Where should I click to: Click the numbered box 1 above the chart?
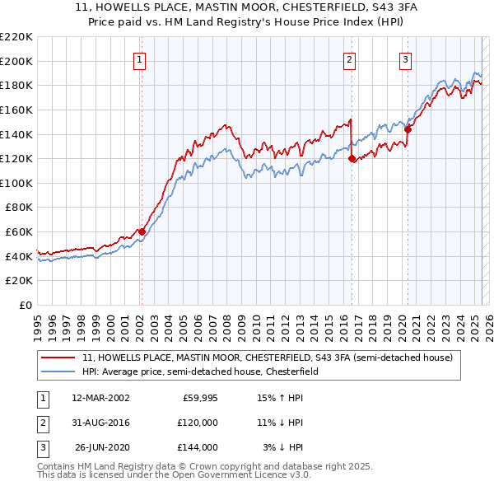pos(140,58)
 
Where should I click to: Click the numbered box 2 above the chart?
pos(350,58)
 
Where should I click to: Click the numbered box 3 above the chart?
pos(406,58)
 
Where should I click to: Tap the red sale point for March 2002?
pos(142,231)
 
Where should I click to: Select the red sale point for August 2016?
pos(352,158)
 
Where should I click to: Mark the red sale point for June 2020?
pos(408,129)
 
